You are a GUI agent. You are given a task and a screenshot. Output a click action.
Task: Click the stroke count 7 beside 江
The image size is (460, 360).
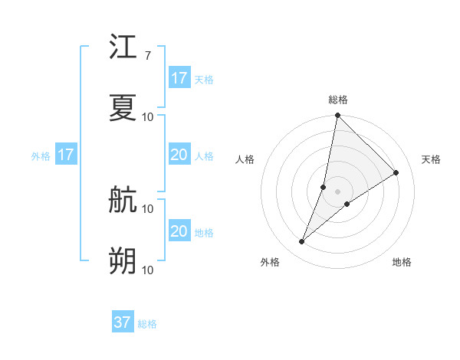[x=147, y=55]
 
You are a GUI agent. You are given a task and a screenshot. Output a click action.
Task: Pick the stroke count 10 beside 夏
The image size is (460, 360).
[x=148, y=116]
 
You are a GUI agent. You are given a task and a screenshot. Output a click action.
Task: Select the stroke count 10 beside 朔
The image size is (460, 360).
[x=148, y=270]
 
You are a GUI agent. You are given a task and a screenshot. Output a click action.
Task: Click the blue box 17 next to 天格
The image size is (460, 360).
[x=179, y=78]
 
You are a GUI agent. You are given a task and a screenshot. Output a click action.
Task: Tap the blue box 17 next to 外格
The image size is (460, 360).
[x=66, y=155]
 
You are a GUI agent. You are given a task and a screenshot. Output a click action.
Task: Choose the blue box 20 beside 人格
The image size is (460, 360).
[x=179, y=155]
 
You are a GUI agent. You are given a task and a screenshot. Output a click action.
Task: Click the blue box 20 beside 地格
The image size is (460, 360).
[x=179, y=231]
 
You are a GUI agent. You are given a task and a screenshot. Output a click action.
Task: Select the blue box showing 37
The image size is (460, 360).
[x=123, y=322]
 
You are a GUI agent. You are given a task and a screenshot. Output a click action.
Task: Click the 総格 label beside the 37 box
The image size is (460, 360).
[x=147, y=324]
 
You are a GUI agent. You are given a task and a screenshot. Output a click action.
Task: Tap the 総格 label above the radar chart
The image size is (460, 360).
[x=338, y=100]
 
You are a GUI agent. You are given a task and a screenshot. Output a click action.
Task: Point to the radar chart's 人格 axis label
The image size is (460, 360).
[x=245, y=159]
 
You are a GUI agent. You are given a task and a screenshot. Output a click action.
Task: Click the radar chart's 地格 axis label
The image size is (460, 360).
[x=402, y=262]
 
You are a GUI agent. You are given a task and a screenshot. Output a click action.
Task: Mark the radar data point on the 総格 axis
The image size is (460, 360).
[x=337, y=116]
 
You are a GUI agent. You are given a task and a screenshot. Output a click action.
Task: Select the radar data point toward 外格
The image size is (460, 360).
[x=302, y=242]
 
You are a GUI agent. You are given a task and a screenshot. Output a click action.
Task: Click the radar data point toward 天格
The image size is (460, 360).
[x=396, y=173]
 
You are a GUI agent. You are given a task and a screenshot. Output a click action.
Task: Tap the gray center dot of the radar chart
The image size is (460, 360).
[x=337, y=191]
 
